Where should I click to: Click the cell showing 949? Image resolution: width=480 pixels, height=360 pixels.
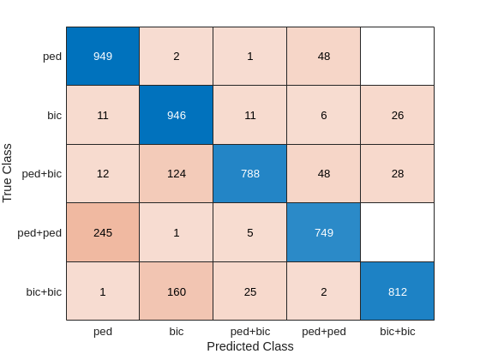point(103,56)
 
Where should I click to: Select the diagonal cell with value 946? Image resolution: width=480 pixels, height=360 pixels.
point(177,115)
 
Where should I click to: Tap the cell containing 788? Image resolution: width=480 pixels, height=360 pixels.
point(249,173)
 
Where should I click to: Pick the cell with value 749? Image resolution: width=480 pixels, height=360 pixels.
point(323,232)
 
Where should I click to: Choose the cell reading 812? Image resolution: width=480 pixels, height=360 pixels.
point(397,291)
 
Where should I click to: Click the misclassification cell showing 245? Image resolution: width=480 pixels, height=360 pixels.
point(103,232)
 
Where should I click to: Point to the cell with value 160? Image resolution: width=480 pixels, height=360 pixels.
point(177,291)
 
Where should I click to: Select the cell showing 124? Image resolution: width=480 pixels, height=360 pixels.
point(177,173)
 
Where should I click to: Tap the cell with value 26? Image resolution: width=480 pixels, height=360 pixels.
point(397,115)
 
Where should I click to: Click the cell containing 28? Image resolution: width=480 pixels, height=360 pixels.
point(397,173)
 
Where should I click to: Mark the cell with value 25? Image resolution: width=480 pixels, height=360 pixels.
point(249,291)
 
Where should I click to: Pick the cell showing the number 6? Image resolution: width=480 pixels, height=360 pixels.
point(323,115)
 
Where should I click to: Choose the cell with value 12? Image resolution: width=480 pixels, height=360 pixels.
point(103,173)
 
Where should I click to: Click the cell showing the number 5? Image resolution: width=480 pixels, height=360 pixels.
point(249,232)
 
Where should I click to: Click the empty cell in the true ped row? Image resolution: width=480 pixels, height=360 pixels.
point(397,56)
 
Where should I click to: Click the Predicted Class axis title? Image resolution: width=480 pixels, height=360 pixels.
point(249,346)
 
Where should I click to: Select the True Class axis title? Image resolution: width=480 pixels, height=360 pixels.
point(9,173)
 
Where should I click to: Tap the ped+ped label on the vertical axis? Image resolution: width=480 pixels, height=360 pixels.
point(39,232)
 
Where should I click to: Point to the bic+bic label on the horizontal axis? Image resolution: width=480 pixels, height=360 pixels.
point(397,330)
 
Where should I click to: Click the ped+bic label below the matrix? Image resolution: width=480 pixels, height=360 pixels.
point(249,330)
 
